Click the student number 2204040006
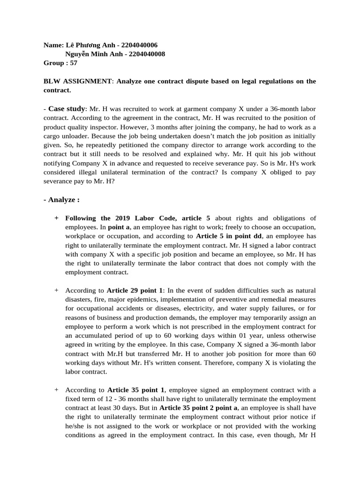pos(139,45)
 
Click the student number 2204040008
pos(146,54)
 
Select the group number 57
pos(73,63)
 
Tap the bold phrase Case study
pos(67,108)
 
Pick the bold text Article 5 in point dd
pos(229,236)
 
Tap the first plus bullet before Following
pos(57,218)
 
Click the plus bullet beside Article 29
pos(57,290)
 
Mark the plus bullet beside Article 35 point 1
pos(57,390)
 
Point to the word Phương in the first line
pos(93,45)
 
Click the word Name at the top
pos(52,45)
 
